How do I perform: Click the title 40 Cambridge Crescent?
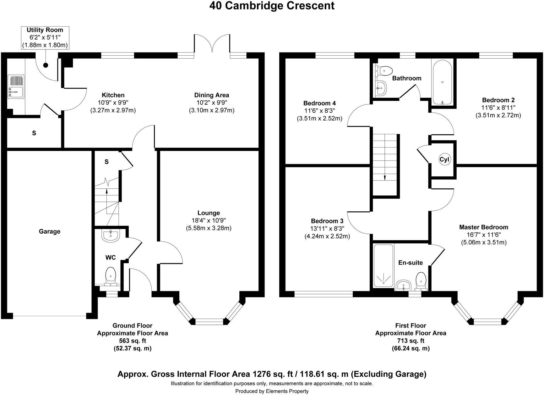[x=272, y=6]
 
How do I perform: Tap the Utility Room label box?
[x=45, y=37]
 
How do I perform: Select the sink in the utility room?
[x=15, y=86]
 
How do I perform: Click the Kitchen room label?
[x=113, y=95]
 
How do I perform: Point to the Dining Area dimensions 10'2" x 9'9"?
[x=211, y=103]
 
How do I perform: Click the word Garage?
[x=50, y=231]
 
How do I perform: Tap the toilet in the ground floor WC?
[x=110, y=275]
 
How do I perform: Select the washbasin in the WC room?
[x=111, y=236]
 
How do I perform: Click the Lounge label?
[x=209, y=213]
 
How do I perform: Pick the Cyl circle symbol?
[x=444, y=159]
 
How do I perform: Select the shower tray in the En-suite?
[x=384, y=266]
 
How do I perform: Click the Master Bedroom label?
[x=483, y=227]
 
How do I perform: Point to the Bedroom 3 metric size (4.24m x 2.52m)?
[x=327, y=236]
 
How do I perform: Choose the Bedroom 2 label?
[x=498, y=100]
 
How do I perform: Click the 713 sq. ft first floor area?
[x=411, y=341]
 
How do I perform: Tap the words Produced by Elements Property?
[x=272, y=391]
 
